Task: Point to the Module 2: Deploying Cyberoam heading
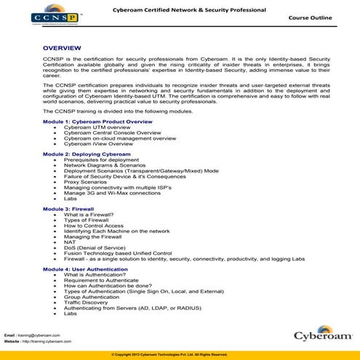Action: tap(76, 155)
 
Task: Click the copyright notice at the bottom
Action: tap(180, 354)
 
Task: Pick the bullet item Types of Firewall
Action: tap(90, 219)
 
